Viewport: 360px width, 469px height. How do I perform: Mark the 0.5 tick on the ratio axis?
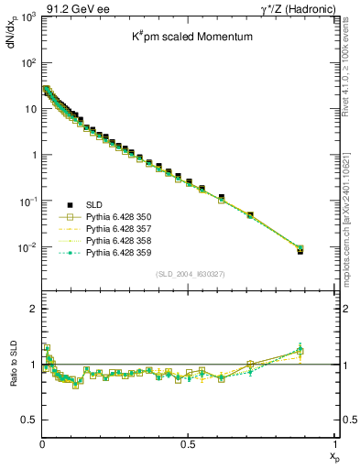(x=29, y=420)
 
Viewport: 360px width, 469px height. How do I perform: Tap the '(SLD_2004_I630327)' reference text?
(x=189, y=273)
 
